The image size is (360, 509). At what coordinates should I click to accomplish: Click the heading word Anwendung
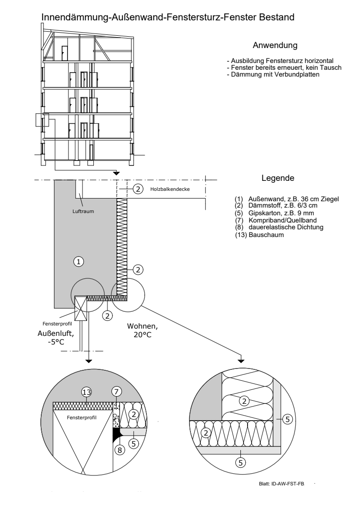pyautogui.click(x=275, y=45)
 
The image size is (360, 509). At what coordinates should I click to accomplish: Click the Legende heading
pyautogui.click(x=278, y=178)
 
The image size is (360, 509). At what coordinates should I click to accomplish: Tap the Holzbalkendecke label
pyautogui.click(x=170, y=189)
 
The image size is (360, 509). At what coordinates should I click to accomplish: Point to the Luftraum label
pyautogui.click(x=83, y=211)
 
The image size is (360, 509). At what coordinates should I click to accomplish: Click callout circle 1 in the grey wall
pyautogui.click(x=78, y=262)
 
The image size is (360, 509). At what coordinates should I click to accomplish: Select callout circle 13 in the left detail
pyautogui.click(x=86, y=392)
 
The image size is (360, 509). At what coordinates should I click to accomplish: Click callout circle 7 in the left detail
pyautogui.click(x=116, y=392)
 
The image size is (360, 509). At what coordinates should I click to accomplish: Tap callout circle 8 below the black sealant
pyautogui.click(x=120, y=450)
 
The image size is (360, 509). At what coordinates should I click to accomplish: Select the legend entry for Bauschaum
pyautogui.click(x=259, y=235)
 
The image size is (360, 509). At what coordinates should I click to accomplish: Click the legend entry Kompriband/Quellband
pyautogui.click(x=276, y=220)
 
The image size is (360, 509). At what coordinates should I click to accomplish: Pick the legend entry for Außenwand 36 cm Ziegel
pyautogui.click(x=287, y=199)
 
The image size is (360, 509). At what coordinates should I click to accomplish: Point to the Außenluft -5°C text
pyautogui.click(x=55, y=338)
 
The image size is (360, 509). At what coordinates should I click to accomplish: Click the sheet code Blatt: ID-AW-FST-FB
pyautogui.click(x=282, y=484)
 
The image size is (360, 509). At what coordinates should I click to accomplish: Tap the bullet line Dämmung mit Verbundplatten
pyautogui.click(x=273, y=75)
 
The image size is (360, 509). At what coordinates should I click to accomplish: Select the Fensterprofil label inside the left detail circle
pyautogui.click(x=82, y=417)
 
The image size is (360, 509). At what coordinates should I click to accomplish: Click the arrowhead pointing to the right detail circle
pyautogui.click(x=241, y=360)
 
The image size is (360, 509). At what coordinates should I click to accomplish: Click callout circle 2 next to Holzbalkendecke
pyautogui.click(x=138, y=189)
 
